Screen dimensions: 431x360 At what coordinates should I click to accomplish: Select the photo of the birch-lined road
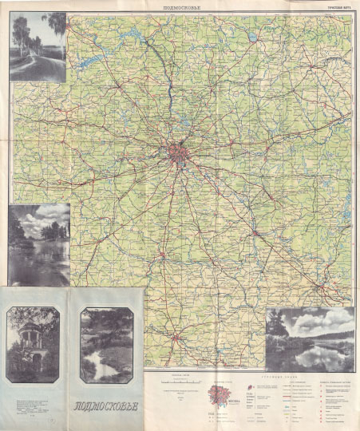click(x=38, y=47)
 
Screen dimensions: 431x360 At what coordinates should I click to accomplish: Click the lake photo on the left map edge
click(x=38, y=244)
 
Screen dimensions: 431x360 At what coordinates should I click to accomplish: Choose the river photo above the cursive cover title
click(x=107, y=345)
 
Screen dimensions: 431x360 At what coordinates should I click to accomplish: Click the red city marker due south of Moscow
click(x=163, y=256)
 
